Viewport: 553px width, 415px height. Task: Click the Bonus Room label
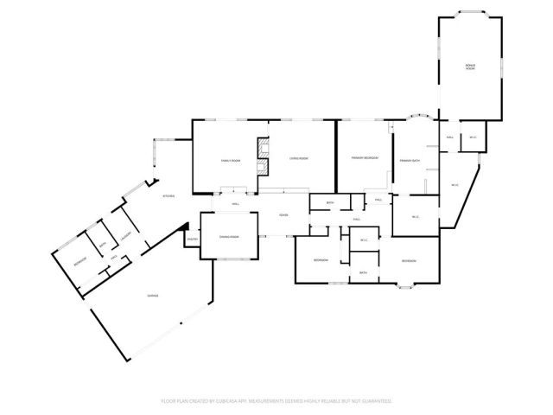(470, 67)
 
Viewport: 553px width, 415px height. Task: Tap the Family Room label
(229, 160)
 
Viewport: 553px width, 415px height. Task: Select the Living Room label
(299, 159)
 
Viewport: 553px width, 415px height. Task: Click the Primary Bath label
(409, 161)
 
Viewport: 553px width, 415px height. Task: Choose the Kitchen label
(169, 196)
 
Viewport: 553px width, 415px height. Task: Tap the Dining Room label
(228, 236)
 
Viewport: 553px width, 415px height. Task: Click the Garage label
(152, 296)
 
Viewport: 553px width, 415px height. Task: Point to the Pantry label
(193, 239)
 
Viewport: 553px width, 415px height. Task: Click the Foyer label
(283, 214)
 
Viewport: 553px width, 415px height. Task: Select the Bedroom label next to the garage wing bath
(79, 261)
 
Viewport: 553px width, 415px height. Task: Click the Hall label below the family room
(235, 204)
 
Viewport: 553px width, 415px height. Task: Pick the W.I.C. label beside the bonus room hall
(473, 137)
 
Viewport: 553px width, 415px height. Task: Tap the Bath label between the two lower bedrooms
(364, 273)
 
